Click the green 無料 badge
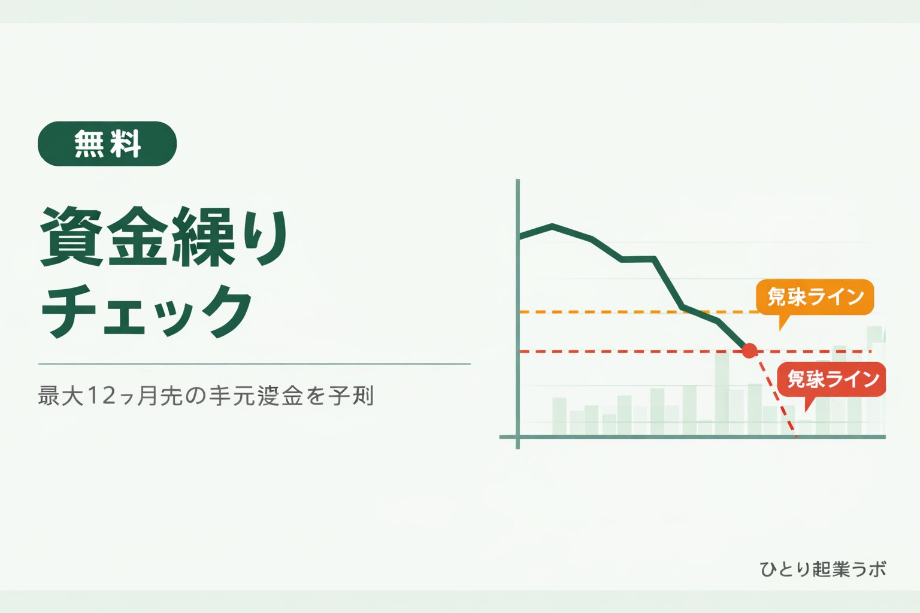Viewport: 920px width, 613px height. coord(107,144)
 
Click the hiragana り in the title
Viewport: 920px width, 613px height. coord(264,236)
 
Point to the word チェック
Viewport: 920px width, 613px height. coord(147,311)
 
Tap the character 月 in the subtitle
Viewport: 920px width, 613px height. coord(147,396)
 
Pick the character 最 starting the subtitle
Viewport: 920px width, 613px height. coord(49,396)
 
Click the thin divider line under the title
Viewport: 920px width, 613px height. coord(255,363)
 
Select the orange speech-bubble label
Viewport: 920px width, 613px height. coord(815,296)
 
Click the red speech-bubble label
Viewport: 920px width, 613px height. coord(831,379)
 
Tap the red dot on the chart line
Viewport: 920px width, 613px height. coord(749,351)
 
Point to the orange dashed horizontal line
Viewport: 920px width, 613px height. coord(599,312)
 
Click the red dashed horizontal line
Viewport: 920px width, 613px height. coord(599,351)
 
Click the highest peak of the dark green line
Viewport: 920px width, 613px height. coord(552,226)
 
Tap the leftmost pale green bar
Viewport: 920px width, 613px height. coord(559,416)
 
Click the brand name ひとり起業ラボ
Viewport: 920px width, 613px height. coord(822,569)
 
